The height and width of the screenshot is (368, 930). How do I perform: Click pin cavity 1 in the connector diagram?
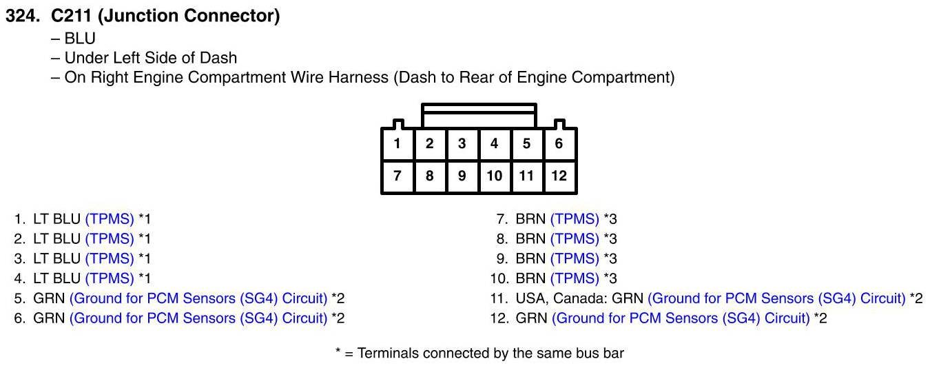(x=397, y=144)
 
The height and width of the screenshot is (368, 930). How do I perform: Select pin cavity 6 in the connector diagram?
(x=559, y=144)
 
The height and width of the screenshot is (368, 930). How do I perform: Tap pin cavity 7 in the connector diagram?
(x=397, y=176)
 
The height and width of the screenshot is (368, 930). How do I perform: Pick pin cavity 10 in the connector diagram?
(x=495, y=176)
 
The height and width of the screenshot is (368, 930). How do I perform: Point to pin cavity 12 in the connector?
(x=559, y=176)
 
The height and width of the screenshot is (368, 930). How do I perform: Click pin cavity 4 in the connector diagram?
(x=495, y=144)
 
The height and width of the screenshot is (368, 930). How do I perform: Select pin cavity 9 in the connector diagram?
(x=462, y=176)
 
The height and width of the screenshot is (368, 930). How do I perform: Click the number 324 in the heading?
(x=23, y=16)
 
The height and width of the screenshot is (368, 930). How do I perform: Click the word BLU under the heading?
(x=80, y=38)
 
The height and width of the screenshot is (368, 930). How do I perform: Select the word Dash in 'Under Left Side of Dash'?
(x=218, y=58)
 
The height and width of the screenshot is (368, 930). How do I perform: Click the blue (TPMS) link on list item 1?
(x=110, y=219)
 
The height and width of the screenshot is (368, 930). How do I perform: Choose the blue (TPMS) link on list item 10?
(x=575, y=278)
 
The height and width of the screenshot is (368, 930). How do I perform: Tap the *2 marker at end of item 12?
(x=820, y=318)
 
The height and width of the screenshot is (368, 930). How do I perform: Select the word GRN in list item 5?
(x=49, y=298)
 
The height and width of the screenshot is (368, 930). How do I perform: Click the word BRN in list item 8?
(x=530, y=239)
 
